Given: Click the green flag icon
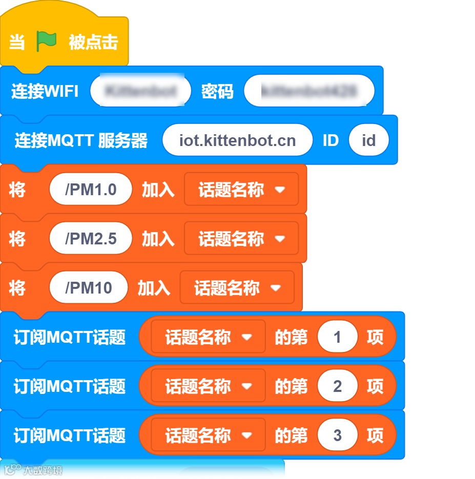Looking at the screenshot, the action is coord(46,41).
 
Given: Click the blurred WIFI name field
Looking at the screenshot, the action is coord(140,91).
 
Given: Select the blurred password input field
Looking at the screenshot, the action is coord(309,91).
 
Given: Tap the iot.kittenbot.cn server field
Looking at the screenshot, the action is coord(237,140).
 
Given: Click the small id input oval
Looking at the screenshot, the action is coord(368,140).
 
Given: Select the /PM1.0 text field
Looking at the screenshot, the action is coord(91,190).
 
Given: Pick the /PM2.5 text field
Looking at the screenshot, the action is coord(91,239).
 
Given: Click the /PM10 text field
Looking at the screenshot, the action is coord(88,288).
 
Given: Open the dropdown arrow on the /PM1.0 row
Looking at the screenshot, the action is coord(279,190).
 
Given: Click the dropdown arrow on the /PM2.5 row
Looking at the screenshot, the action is coord(279,239).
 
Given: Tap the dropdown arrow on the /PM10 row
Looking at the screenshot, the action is coord(276,288).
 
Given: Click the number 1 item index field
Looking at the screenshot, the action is coord(337,337).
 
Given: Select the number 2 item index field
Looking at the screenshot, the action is coord(337,386).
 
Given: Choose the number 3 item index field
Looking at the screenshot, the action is coord(337,435).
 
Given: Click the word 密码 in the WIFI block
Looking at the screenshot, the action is coord(217,91).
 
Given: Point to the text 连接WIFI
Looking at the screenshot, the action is coord(45,91).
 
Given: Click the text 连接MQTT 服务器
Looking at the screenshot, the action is coord(81,140).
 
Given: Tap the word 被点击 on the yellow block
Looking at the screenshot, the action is coord(93,42).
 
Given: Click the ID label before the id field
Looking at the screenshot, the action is coord(331,140).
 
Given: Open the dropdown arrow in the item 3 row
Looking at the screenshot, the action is coord(247,435).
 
